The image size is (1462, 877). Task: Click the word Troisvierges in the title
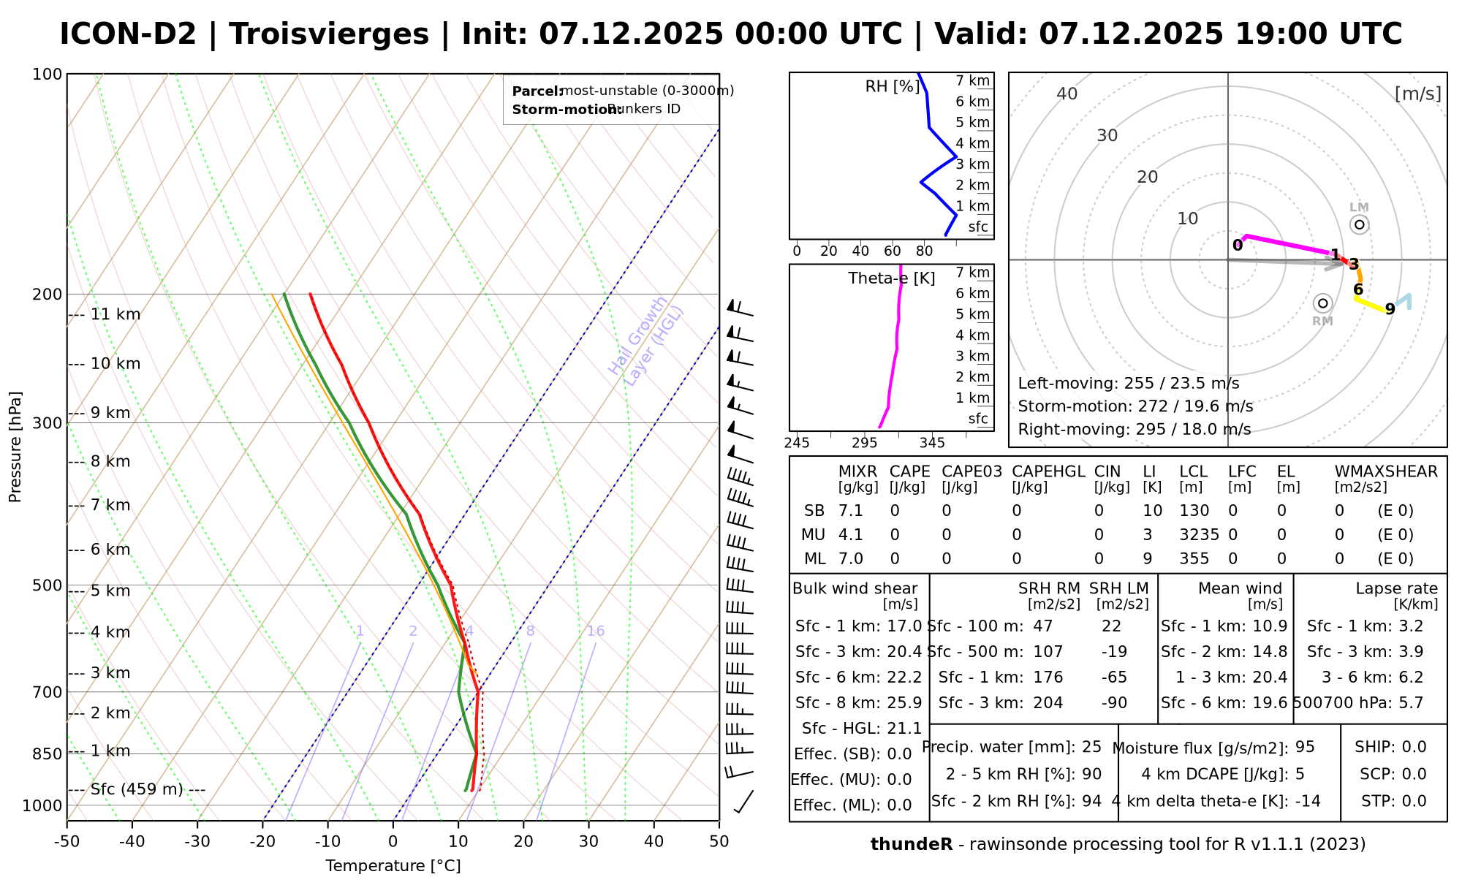coord(329,34)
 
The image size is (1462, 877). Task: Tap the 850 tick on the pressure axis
coord(48,753)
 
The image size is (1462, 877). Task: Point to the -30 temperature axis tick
coord(197,842)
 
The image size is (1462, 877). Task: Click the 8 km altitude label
coord(110,462)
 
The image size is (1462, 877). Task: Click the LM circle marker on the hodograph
coord(1359,224)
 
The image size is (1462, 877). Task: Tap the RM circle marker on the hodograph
coord(1322,303)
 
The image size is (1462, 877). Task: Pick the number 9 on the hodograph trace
coord(1390,310)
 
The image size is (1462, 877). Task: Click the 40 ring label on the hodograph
coord(1067,94)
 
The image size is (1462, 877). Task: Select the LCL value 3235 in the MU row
coord(1199,535)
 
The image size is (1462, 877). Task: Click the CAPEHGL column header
coord(1048,472)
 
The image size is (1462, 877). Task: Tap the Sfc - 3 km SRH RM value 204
coord(1048,703)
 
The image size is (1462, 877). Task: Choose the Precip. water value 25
coord(1091,747)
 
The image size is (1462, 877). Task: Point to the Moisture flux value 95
coord(1305,747)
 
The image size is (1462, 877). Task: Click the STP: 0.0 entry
coord(1393,801)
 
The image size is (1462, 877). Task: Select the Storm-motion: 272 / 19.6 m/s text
coord(1135,406)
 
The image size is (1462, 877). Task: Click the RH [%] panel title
coord(893,86)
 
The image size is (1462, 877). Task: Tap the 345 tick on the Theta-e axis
coord(932,443)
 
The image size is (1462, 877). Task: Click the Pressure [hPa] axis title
coord(15,447)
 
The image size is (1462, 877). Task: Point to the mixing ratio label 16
coord(596,631)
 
